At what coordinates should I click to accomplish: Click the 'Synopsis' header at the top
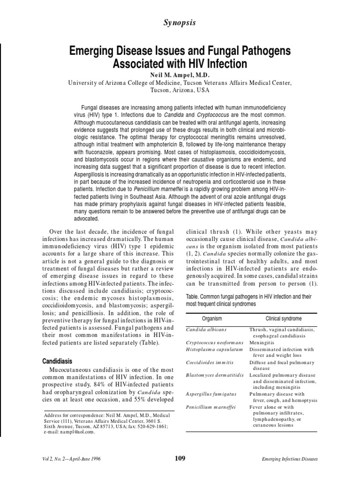tap(180, 22)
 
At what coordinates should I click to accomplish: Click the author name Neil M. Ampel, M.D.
tap(180, 75)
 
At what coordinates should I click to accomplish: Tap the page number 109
tap(180, 458)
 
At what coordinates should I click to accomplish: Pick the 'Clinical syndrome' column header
tap(284, 318)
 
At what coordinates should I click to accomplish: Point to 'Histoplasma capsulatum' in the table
tap(214, 349)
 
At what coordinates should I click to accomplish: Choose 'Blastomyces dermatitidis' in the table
tap(214, 375)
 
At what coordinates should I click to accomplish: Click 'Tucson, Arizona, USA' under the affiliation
tap(180, 90)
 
